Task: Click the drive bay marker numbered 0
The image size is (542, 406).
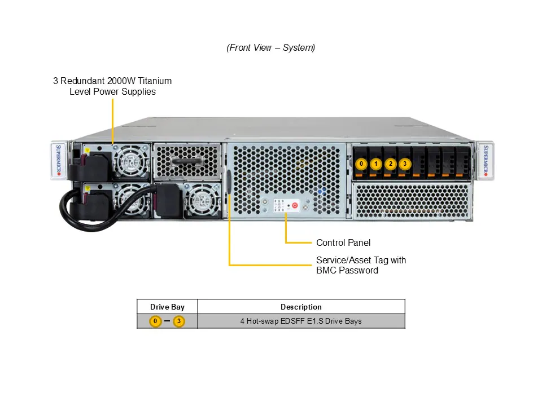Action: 362,164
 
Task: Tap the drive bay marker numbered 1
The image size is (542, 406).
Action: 377,164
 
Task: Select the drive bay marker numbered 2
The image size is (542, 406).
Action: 391,164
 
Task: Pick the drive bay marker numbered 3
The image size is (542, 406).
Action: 405,164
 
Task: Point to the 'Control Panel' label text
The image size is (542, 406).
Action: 343,242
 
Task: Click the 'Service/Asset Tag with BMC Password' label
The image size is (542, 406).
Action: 361,266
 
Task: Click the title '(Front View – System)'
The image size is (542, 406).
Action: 271,48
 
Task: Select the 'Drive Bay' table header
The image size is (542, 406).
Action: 167,307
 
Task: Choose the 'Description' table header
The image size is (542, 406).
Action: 301,307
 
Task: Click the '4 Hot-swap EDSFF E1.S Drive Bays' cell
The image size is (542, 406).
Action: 301,321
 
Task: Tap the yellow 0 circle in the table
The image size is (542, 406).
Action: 155,321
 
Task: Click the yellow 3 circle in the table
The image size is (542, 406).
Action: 179,321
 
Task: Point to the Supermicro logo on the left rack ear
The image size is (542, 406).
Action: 60,160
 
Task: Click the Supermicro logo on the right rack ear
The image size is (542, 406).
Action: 485,160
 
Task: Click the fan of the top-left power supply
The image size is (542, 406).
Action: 130,161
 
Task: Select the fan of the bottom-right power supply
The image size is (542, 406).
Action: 202,200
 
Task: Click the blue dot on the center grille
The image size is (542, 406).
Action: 321,191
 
